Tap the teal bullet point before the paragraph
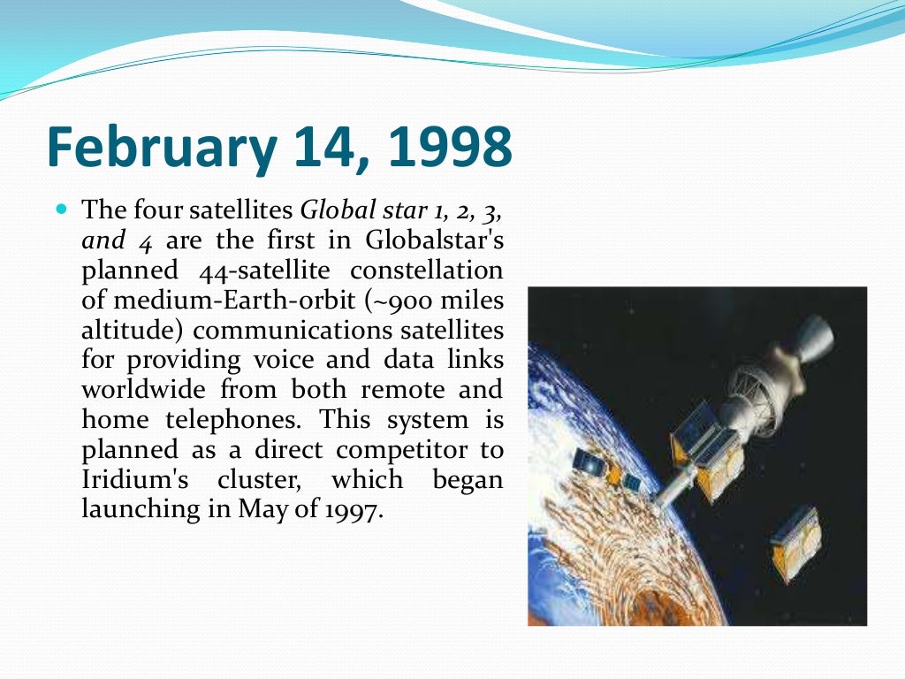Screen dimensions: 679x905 61,210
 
